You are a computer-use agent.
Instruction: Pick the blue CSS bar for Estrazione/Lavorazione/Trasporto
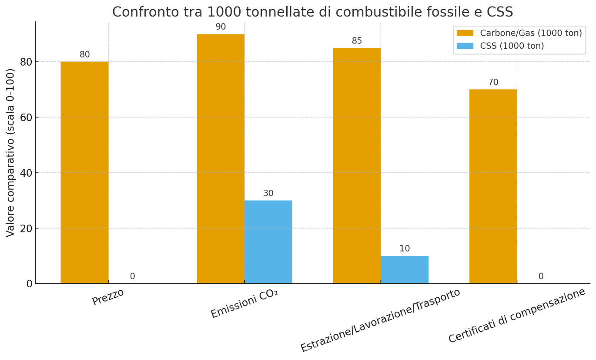click(x=405, y=270)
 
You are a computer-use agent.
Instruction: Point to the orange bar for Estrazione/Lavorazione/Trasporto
click(x=357, y=165)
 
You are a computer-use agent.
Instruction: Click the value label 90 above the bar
click(x=221, y=27)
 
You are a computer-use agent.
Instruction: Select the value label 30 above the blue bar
click(x=268, y=194)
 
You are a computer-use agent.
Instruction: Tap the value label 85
click(x=357, y=41)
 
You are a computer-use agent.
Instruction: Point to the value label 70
click(x=493, y=83)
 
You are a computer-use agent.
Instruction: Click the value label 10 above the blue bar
click(x=405, y=249)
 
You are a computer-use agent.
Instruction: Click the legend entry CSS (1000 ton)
click(x=512, y=46)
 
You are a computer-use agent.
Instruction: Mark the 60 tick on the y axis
click(x=27, y=117)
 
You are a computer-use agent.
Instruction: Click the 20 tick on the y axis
click(x=27, y=228)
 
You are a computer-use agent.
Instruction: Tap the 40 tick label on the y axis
click(x=27, y=173)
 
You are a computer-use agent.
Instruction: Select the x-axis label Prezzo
click(x=108, y=297)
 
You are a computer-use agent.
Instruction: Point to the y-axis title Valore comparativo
click(x=11, y=152)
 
